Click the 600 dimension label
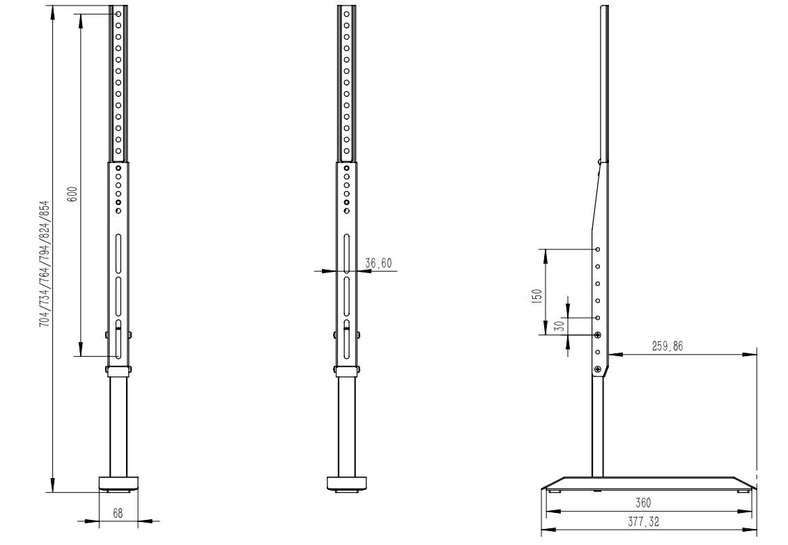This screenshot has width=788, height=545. click(72, 194)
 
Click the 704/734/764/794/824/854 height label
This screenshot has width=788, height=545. click(45, 264)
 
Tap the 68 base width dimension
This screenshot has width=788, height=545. click(118, 513)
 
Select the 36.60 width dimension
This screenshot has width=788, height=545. click(378, 263)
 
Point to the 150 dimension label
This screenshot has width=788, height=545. click(536, 295)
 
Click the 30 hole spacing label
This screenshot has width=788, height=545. click(559, 325)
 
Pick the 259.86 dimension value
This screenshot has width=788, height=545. click(667, 346)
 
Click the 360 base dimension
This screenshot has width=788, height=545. click(643, 502)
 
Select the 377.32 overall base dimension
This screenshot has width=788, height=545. click(643, 522)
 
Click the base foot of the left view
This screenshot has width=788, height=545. click(118, 484)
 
